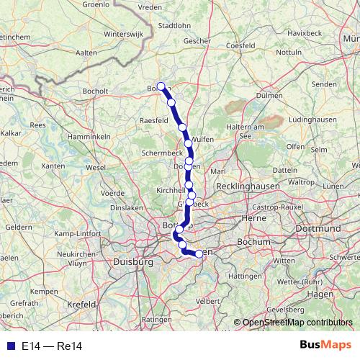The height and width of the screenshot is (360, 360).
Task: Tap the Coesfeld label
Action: [x=240, y=45]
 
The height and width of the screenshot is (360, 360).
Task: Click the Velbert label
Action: [x=207, y=300]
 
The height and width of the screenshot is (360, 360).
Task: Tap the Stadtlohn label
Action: [x=174, y=25]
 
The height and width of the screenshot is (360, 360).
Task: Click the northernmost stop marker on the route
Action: [x=161, y=86]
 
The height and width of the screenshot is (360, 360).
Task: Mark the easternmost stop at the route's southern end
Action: [x=199, y=253]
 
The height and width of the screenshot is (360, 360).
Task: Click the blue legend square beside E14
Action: [x=10, y=346]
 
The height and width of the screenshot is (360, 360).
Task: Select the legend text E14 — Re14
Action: [x=52, y=346]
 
